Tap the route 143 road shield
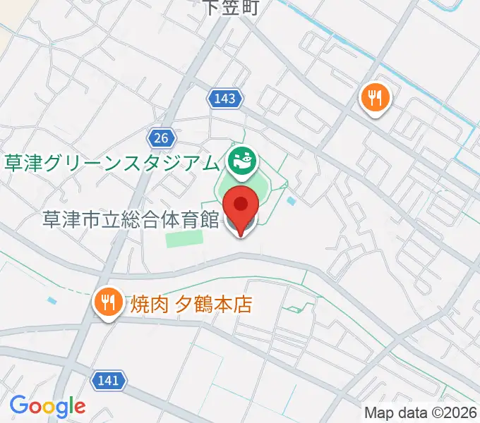[x=225, y=99]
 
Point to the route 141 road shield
[x=109, y=381]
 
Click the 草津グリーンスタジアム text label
[x=112, y=164]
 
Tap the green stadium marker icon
[x=242, y=161]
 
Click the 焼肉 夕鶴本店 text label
[x=191, y=305]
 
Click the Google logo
[x=47, y=407]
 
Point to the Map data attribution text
[x=421, y=412]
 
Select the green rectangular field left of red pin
[x=184, y=239]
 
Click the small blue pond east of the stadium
[x=292, y=202]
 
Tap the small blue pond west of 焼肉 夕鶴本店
[x=53, y=300]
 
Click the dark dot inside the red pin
[x=241, y=204]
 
